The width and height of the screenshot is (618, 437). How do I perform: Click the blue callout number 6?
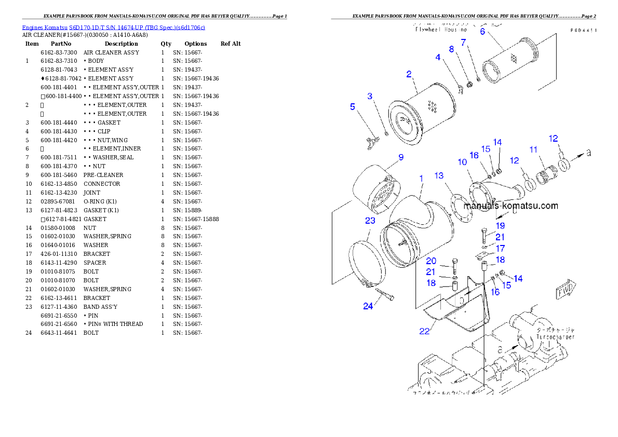[482, 31]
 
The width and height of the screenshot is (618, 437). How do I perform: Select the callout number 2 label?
[409, 74]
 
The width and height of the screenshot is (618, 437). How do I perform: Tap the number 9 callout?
[401, 157]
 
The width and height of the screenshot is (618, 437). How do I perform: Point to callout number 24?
[368, 306]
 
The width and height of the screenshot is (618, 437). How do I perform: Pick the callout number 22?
[424, 331]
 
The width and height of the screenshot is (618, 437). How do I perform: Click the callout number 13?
[439, 176]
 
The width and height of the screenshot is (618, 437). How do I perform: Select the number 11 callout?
[533, 149]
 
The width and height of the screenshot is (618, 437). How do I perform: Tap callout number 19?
[500, 226]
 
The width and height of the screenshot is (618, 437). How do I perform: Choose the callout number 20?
[431, 261]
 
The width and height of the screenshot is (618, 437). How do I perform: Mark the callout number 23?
[370, 221]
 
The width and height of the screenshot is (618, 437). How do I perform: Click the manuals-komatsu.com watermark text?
[510, 206]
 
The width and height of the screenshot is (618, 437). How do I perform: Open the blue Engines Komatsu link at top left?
[113, 27]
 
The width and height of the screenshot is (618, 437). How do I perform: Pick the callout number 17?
[500, 249]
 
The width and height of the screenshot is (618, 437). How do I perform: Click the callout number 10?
[462, 162]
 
